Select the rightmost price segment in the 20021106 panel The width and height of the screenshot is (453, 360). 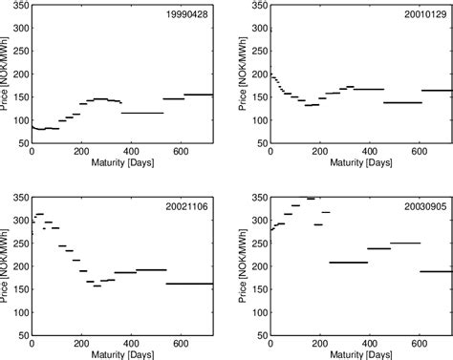click(189, 284)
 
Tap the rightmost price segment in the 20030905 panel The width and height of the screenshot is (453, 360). click(436, 271)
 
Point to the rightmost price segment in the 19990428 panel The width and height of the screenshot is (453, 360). click(198, 95)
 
